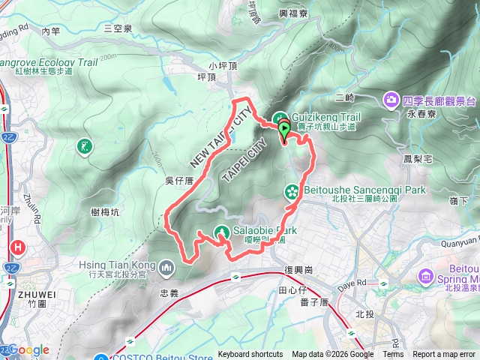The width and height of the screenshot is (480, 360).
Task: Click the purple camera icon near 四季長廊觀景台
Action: [x=391, y=100]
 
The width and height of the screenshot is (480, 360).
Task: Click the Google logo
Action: [x=28, y=350]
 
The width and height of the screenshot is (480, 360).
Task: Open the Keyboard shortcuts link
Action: [x=251, y=355]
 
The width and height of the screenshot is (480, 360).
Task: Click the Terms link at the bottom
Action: [x=393, y=355]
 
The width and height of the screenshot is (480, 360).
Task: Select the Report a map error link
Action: [x=444, y=355]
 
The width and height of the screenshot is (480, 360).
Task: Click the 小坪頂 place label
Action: [x=223, y=65]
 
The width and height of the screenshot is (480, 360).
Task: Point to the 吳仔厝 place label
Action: [x=179, y=181]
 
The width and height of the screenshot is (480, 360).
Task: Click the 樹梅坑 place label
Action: [x=105, y=212]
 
